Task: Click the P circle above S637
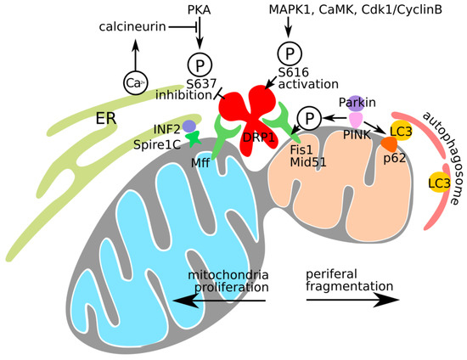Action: click(x=200, y=65)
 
